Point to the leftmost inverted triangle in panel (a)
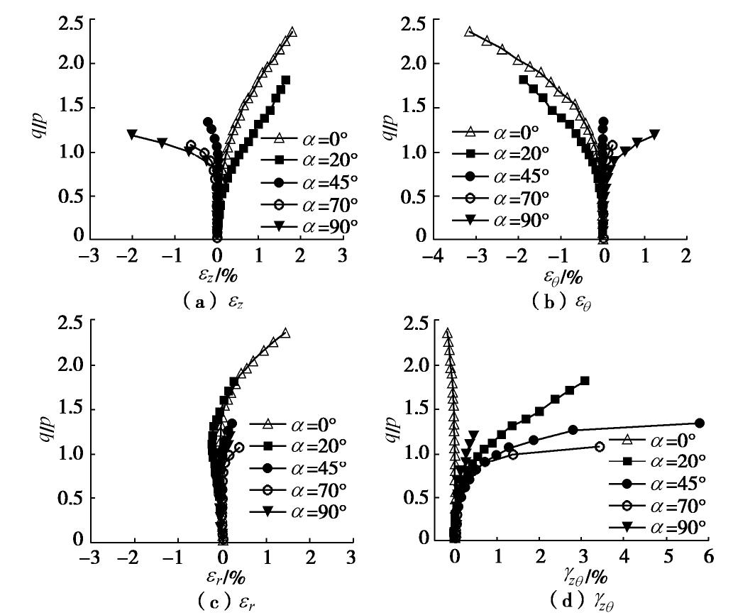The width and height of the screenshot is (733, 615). [x=131, y=133]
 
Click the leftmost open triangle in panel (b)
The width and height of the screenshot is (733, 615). [x=468, y=32]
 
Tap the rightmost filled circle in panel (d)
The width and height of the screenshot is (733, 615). [x=699, y=423]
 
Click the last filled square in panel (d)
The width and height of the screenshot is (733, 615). [x=585, y=381]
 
